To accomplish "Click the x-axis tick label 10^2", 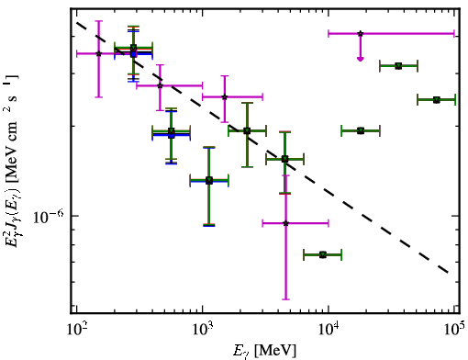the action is point(76,331).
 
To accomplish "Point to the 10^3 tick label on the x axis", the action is point(203,331).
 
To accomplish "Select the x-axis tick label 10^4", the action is point(329,331).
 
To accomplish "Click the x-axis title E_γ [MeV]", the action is point(264,351).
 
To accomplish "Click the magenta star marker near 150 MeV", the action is point(98,53).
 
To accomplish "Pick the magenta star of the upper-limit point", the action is point(361,33).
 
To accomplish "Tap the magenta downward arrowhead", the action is point(361,59).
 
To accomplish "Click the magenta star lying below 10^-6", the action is point(285,223).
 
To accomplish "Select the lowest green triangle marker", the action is point(323,254).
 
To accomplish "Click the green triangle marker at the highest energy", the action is point(437,100).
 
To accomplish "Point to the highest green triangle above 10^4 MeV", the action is point(398,66).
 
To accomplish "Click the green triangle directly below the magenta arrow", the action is point(361,131).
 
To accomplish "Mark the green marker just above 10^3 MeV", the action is point(209,180).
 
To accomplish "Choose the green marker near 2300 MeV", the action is point(247,131).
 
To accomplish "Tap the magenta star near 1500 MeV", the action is point(225,97).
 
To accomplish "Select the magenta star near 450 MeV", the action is point(160,85).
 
